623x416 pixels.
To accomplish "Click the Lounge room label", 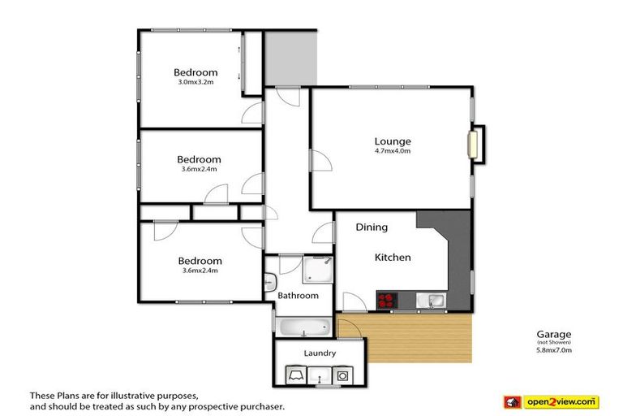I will coord(393,141).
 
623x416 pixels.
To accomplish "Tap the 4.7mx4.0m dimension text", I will coord(393,150).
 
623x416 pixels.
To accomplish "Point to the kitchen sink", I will coord(435,301).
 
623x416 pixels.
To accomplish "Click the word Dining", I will coord(372,227).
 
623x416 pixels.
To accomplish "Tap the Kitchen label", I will coord(393,258).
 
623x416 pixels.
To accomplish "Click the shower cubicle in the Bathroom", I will coord(316,267).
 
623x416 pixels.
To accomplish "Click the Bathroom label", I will coord(298,296).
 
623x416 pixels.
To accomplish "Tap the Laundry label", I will coord(320,353).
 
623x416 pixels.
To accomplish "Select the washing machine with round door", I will coord(344,376).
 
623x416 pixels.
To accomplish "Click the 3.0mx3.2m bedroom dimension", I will coord(198,82).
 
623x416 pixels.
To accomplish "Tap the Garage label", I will coord(554,334).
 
